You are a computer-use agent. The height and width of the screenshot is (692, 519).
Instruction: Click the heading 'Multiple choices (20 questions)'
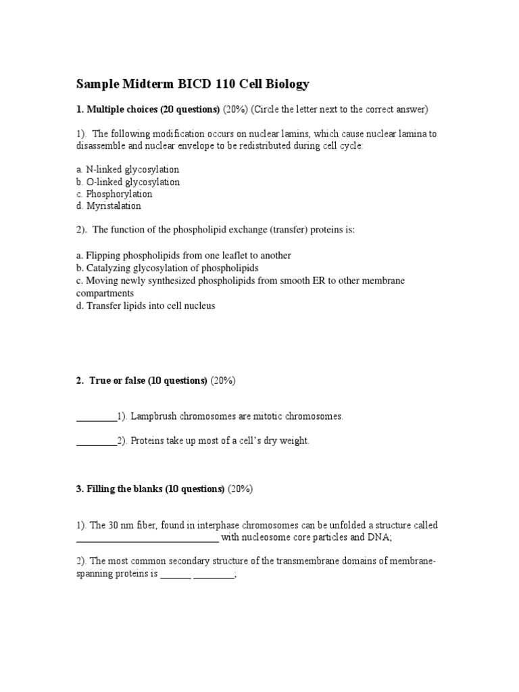point(148,109)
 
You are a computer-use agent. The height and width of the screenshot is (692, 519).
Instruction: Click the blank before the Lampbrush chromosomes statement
point(96,417)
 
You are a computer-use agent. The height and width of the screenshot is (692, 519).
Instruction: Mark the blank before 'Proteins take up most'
point(96,441)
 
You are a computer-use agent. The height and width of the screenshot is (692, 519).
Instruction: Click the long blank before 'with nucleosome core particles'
point(147,539)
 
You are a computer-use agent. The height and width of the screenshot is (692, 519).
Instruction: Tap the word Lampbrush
point(153,416)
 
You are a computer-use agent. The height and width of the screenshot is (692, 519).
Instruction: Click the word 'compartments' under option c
point(105,294)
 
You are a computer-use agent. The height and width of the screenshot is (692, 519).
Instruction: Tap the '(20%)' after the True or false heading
point(222,380)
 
